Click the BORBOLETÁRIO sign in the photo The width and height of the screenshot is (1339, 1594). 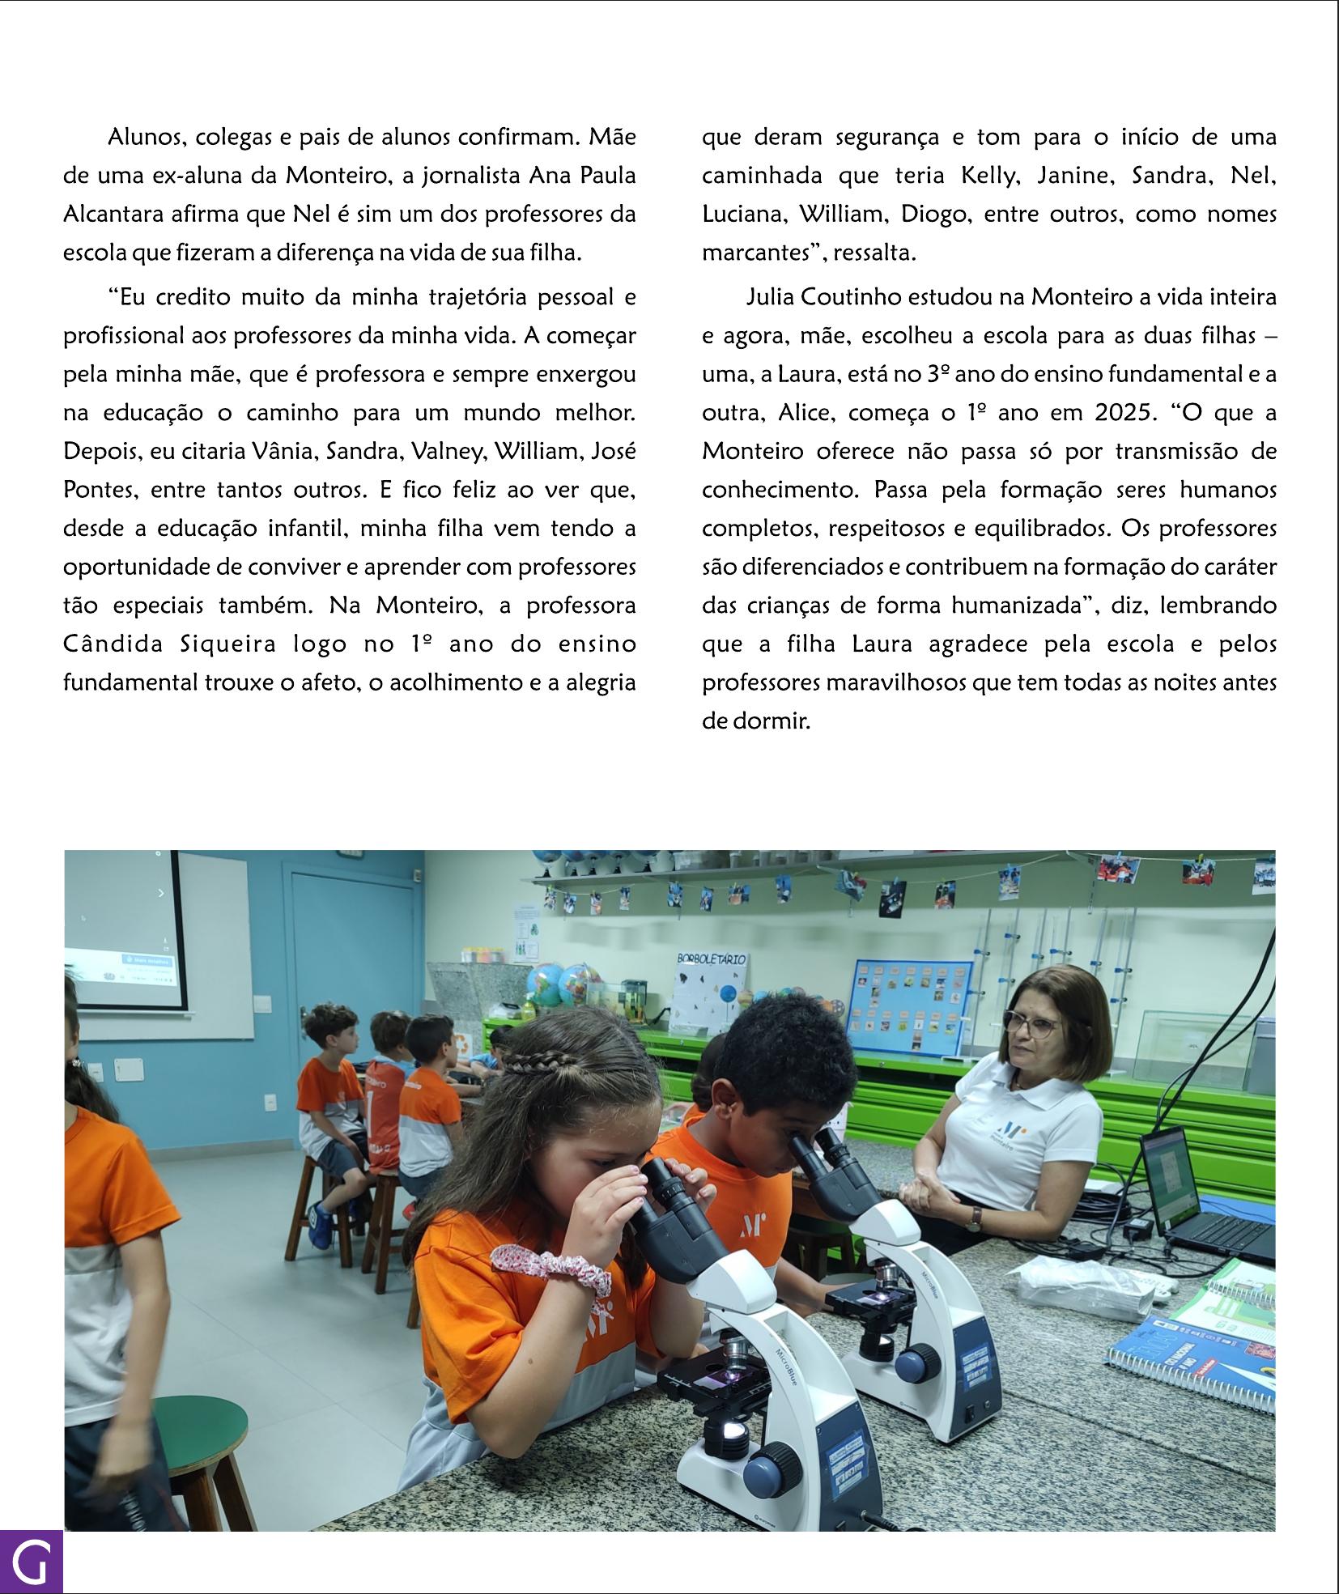coord(712,959)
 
